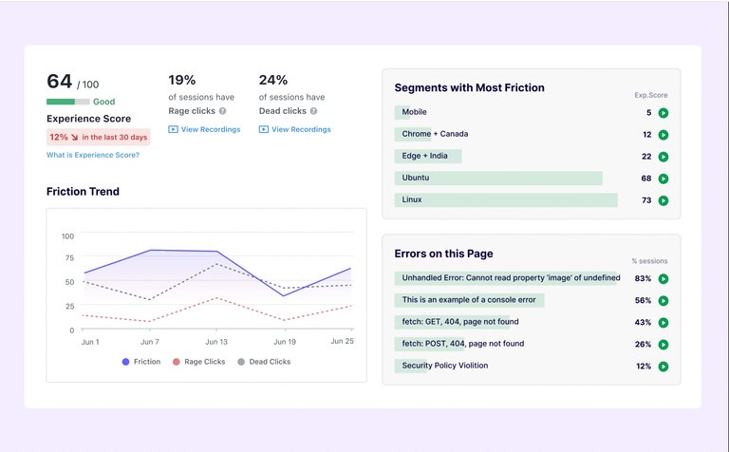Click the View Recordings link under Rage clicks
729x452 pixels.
coord(204,129)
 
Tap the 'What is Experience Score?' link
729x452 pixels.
coord(93,155)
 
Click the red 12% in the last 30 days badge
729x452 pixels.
coord(98,137)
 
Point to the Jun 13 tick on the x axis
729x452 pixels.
coord(216,341)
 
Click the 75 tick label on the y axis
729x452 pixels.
coord(66,259)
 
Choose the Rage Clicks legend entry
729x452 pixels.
coord(202,362)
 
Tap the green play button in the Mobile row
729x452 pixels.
coord(664,113)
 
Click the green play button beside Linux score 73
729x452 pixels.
coord(664,200)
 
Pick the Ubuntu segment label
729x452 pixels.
coord(415,178)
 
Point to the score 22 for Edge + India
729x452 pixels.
coord(646,157)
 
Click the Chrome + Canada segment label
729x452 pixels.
coord(435,134)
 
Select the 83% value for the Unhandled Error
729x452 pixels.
coord(643,278)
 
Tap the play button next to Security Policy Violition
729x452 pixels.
coord(664,367)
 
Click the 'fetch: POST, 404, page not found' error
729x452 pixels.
coord(462,344)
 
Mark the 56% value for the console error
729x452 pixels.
coord(643,300)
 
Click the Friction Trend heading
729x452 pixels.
coord(83,192)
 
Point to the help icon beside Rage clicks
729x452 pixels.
coord(222,111)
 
